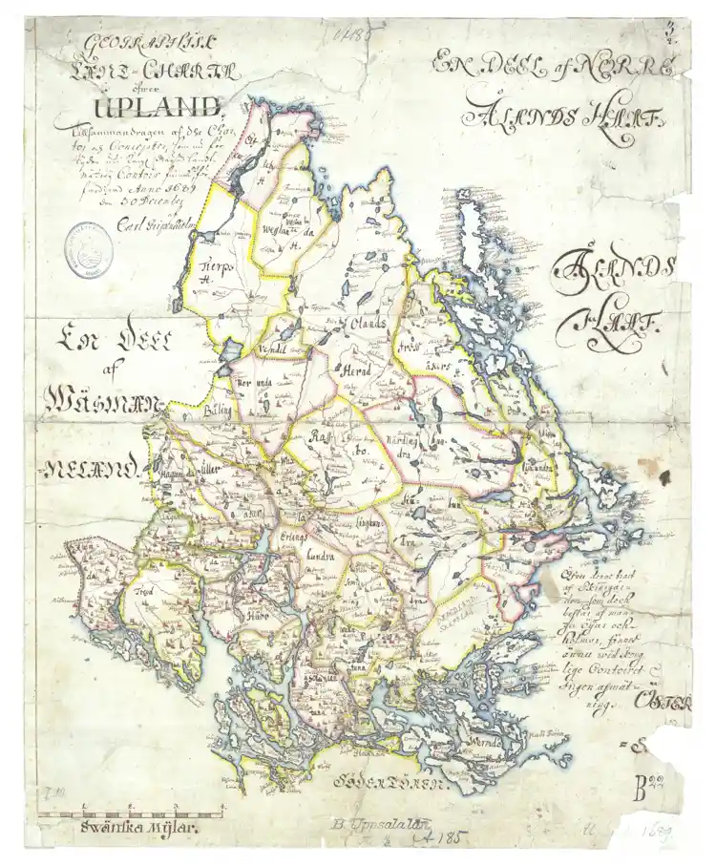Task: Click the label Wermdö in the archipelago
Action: pyautogui.click(x=490, y=740)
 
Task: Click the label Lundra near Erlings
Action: pyautogui.click(x=319, y=553)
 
